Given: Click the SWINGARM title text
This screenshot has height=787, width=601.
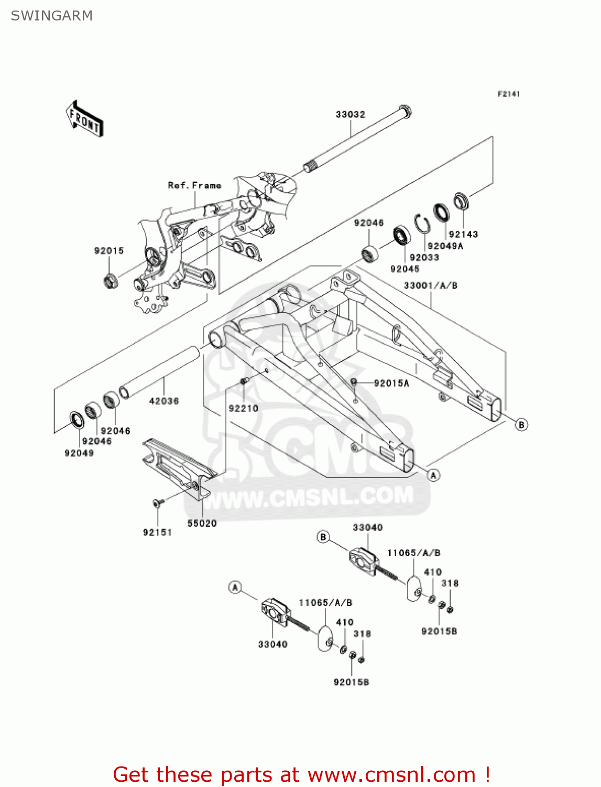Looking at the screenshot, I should [x=52, y=16].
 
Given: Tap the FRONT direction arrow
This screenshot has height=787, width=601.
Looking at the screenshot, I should [x=84, y=119].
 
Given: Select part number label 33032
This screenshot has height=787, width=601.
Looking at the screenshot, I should [x=350, y=114].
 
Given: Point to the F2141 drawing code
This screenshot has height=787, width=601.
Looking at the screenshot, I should [x=508, y=94].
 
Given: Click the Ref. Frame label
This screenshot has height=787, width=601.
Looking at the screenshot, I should [x=194, y=185].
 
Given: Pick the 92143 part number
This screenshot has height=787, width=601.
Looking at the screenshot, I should [x=463, y=234].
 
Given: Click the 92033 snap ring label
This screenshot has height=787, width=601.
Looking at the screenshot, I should [x=424, y=258].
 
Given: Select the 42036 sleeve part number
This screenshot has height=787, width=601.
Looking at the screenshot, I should [x=163, y=401].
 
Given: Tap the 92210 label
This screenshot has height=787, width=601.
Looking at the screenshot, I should [x=243, y=408].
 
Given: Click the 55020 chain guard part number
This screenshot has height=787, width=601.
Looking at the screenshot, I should [x=202, y=523].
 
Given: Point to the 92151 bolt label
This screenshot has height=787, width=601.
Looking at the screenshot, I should [x=157, y=532].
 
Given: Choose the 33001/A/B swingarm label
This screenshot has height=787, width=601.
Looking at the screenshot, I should [x=430, y=285].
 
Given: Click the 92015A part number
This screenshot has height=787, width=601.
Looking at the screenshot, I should [x=391, y=383].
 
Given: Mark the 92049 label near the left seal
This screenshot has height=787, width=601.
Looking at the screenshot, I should [x=79, y=453].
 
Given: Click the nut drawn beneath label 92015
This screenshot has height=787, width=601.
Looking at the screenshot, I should [x=110, y=282].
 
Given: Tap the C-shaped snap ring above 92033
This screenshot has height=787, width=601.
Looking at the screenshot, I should [x=422, y=223].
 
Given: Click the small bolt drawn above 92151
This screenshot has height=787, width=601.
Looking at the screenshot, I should [x=157, y=503].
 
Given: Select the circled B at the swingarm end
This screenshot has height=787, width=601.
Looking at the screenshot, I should [x=521, y=424].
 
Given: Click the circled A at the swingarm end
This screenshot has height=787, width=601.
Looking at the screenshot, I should [x=433, y=475].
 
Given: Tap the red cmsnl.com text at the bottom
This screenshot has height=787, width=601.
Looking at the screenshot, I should [x=301, y=774].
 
